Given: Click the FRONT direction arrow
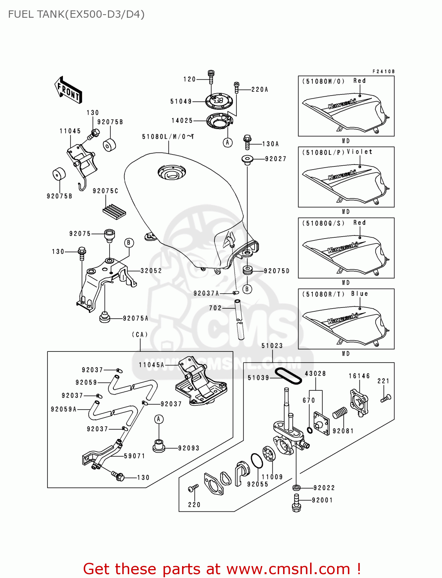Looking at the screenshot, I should tap(68, 90).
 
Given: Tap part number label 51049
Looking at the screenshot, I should tap(181, 101).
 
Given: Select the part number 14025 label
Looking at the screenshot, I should tap(182, 121).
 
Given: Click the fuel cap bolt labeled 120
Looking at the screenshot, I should tap(211, 77).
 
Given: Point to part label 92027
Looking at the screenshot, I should tap(275, 159).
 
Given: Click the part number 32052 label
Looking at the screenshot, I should tap(151, 271).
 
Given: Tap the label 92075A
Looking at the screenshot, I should tap(136, 318).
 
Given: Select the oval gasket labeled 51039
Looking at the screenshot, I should tap(288, 376).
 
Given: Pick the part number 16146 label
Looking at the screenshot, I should tap(359, 376).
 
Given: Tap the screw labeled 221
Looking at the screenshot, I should tap(386, 398).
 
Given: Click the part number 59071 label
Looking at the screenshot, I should tap(135, 456).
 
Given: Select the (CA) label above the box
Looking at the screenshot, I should tap(140, 334).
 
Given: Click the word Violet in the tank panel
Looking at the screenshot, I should tap(359, 152).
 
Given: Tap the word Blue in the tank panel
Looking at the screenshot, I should tap(359, 294).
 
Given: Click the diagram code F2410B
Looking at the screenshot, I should tap(383, 71).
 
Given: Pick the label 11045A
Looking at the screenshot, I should tap(151, 365).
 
